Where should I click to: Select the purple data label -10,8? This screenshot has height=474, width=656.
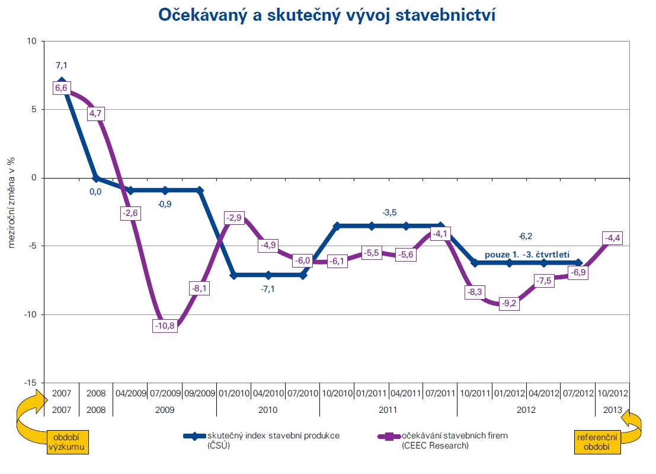pos(165,326)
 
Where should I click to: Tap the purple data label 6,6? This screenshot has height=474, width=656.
pos(62,88)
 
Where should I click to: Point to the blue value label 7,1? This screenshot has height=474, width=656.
pos(62,65)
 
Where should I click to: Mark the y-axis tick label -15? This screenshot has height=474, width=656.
pos(30,383)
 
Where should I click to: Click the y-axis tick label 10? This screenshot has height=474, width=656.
pos(31,41)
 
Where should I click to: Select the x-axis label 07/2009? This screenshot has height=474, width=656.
pos(165,393)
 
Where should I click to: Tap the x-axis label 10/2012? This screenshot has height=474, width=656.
pos(612,393)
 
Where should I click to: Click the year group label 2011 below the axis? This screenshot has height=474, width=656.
pos(388,409)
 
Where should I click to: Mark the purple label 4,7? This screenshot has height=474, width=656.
pos(96,114)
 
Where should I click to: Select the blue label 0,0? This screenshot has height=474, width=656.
pos(95,192)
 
